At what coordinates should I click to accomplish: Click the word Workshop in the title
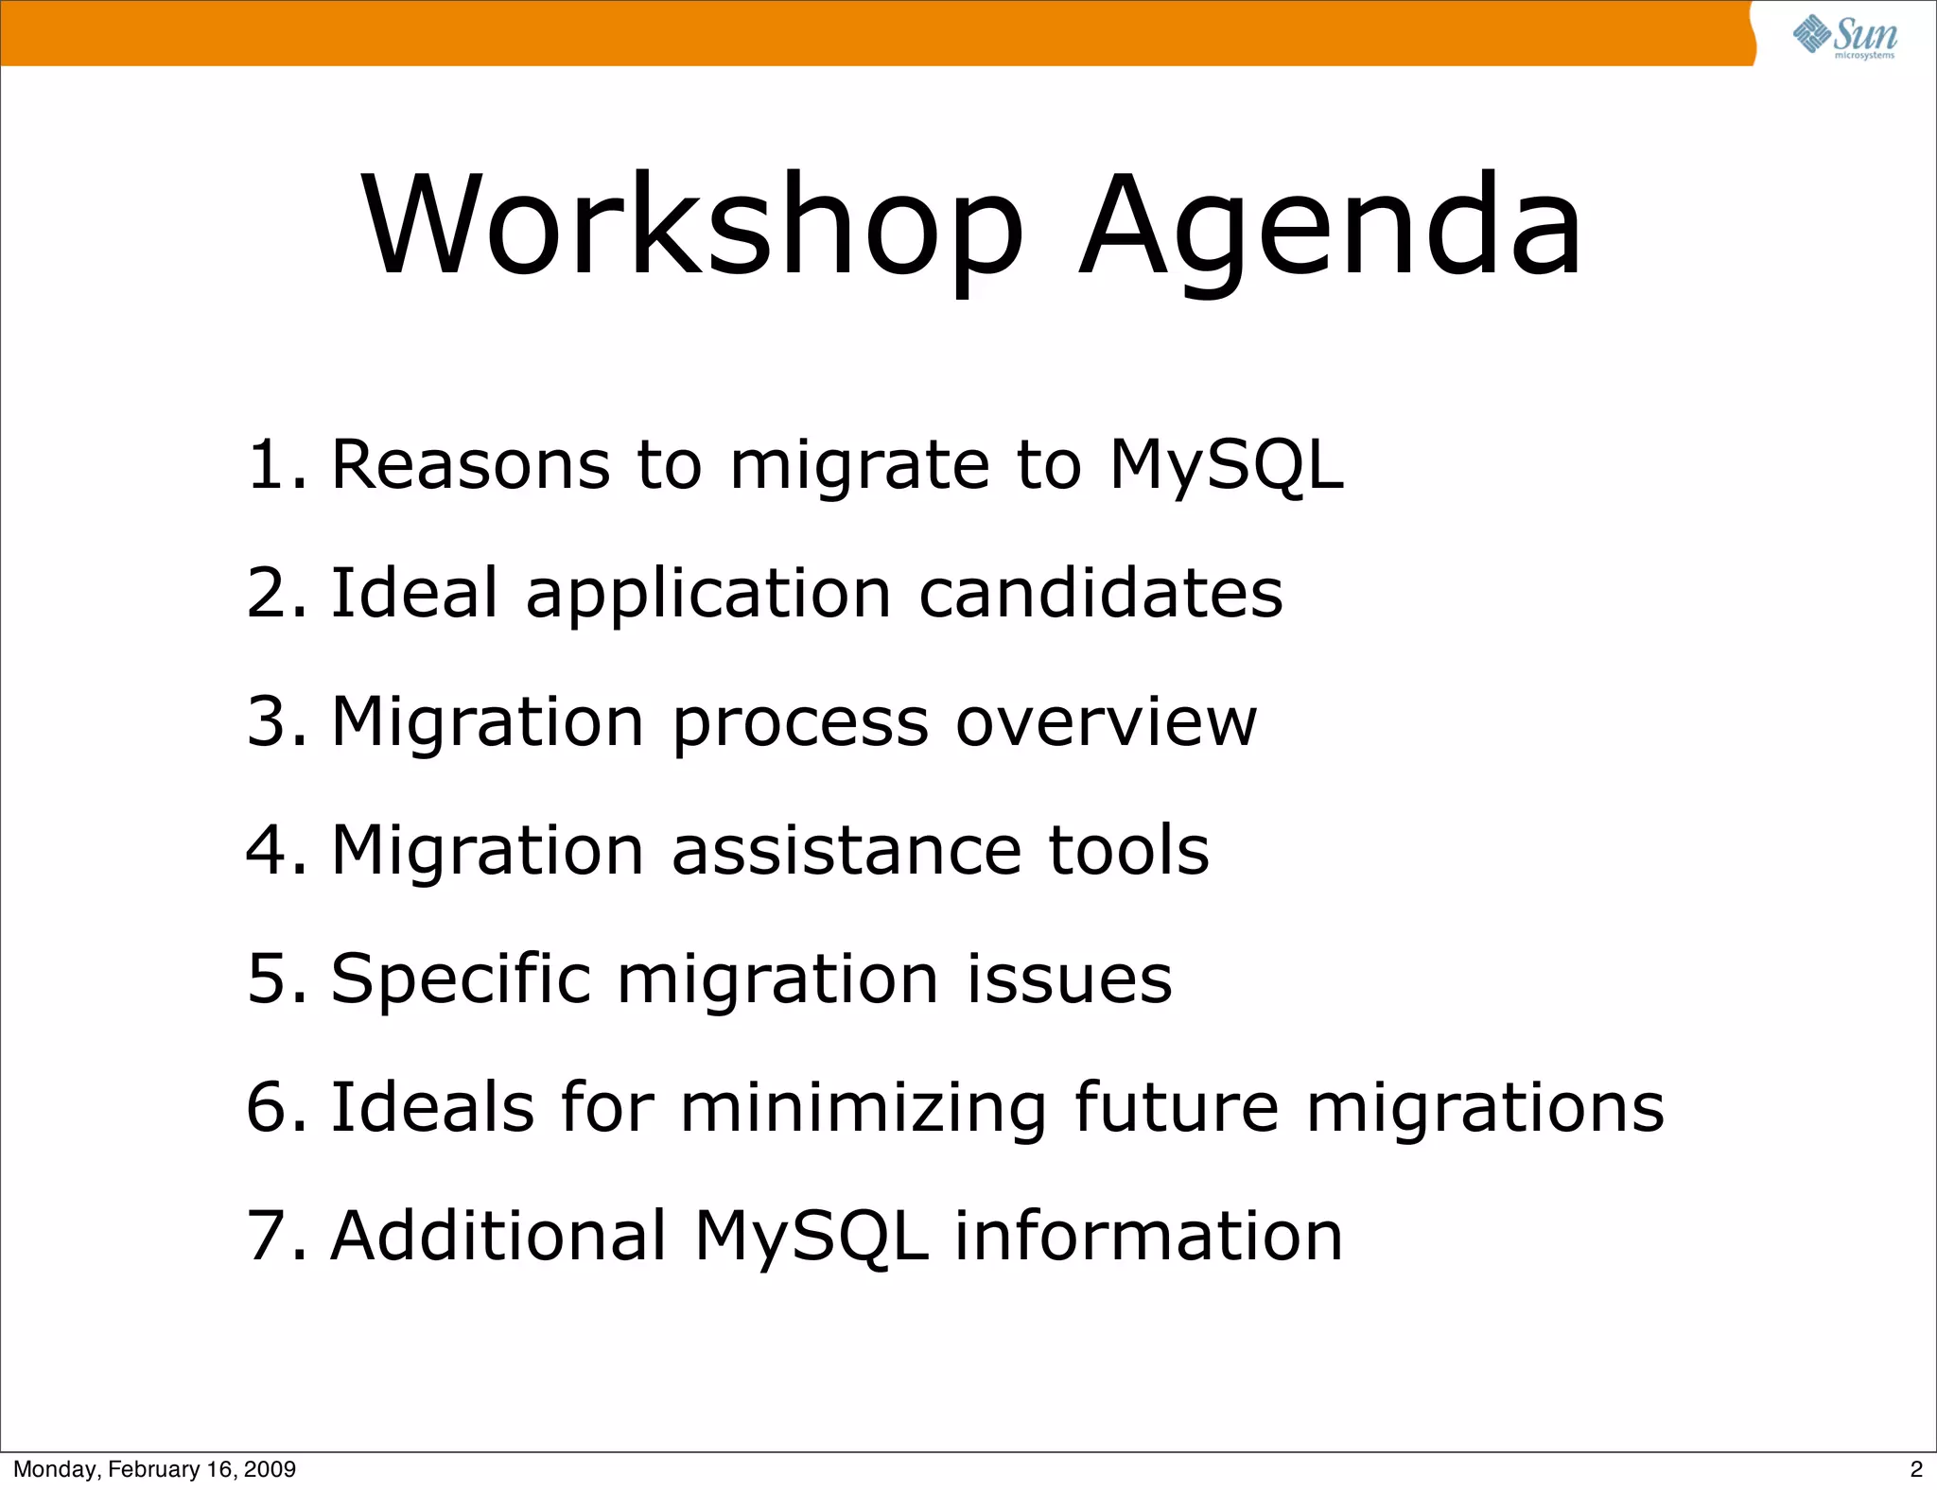pos(692,227)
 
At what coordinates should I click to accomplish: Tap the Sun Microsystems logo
pos(1843,36)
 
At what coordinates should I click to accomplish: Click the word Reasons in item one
pos(470,465)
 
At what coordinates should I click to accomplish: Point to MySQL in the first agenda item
pos(1226,465)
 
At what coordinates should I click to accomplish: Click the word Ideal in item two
pos(414,594)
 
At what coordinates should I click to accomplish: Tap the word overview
pos(1106,722)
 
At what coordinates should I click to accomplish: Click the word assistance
pos(846,850)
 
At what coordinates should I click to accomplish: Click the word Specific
pos(461,979)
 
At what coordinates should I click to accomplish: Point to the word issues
pos(1069,979)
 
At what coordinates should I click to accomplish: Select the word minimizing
pos(864,1107)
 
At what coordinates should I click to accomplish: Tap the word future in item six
pos(1177,1107)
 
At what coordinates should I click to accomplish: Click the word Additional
pos(498,1236)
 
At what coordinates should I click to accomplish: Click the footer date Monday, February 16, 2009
pos(154,1469)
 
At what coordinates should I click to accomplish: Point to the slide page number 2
pos(1916,1469)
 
